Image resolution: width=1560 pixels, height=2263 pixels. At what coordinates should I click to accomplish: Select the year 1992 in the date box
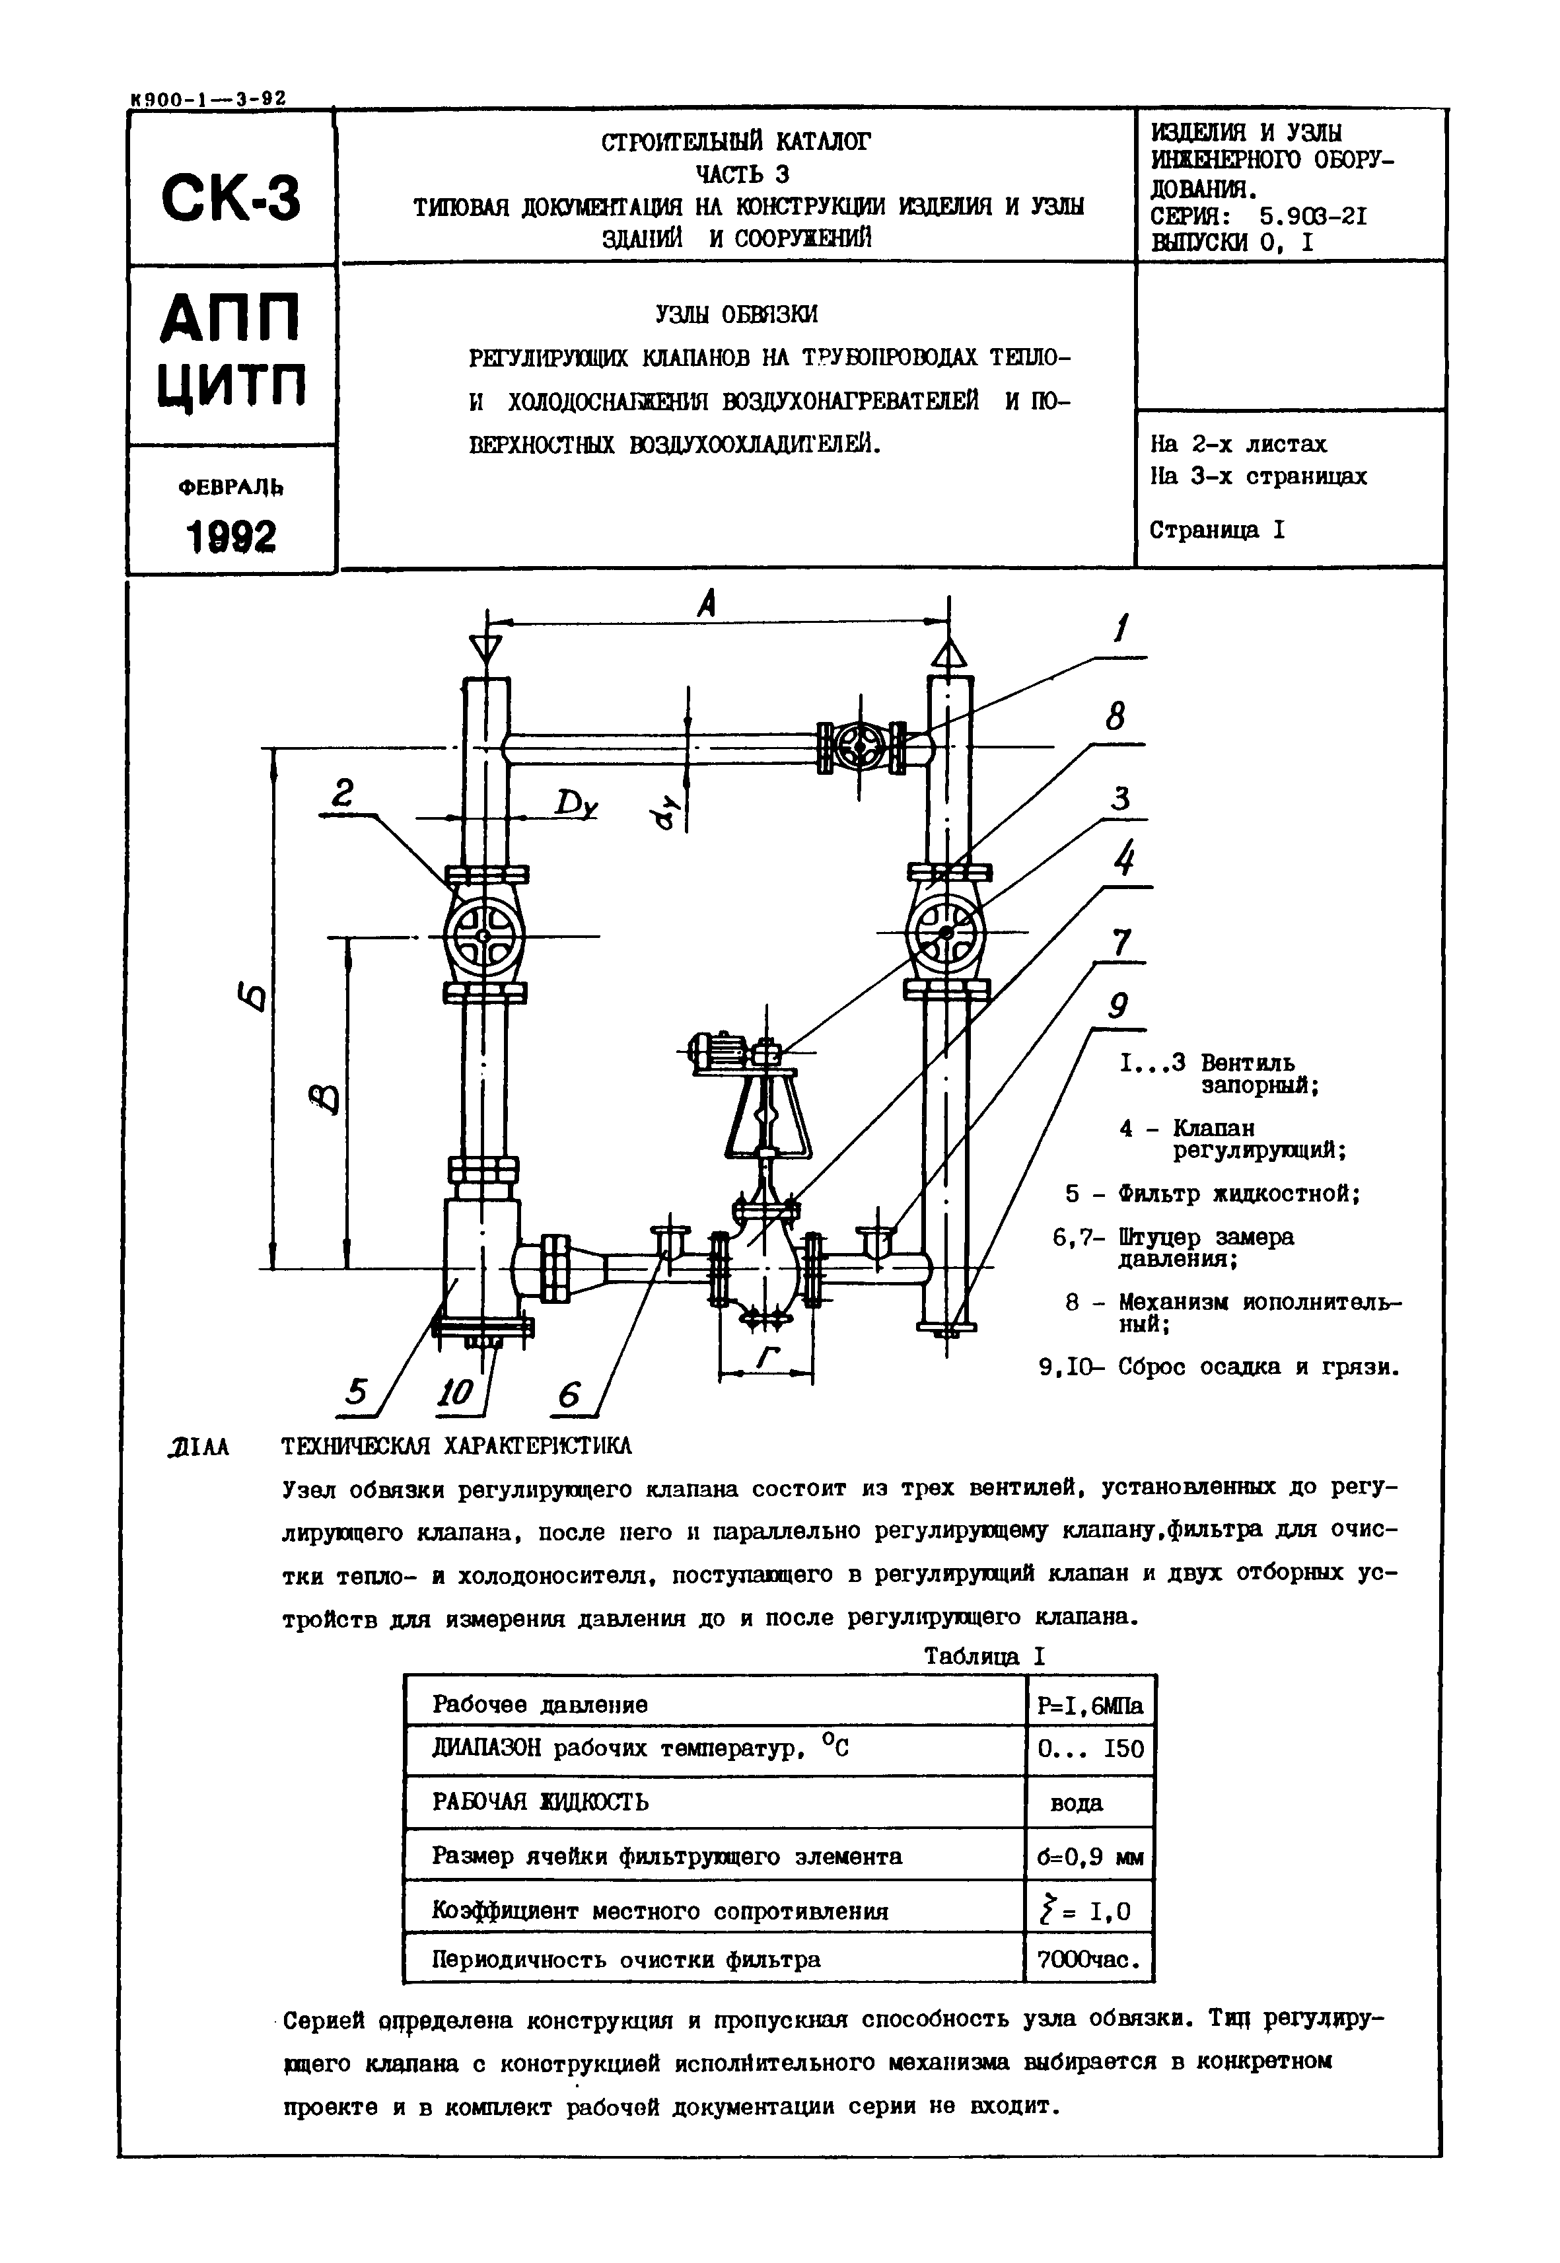[230, 536]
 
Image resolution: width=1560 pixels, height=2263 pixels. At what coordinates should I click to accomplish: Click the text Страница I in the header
[1217, 530]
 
